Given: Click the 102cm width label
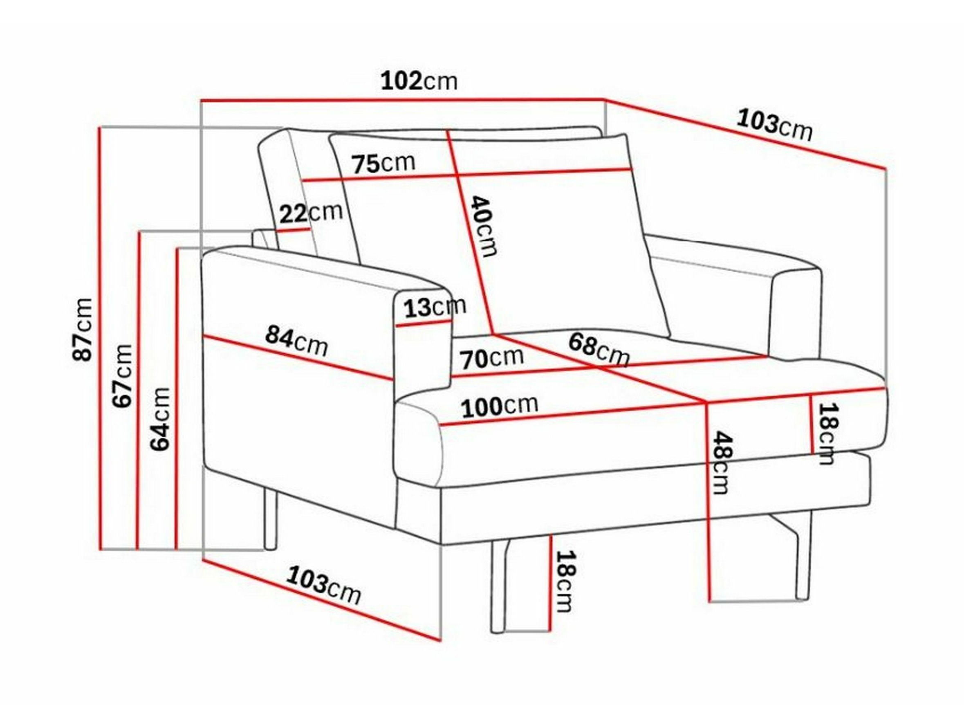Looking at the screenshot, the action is (x=419, y=81).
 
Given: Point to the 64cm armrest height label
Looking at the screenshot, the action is (x=159, y=418).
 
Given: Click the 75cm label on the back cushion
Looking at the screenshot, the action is (x=384, y=164).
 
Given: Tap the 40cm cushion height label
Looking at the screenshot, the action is (x=484, y=226).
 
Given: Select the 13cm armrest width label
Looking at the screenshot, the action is (x=435, y=307).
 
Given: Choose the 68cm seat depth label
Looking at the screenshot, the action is (x=599, y=349).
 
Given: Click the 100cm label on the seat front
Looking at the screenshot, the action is (x=500, y=406).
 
